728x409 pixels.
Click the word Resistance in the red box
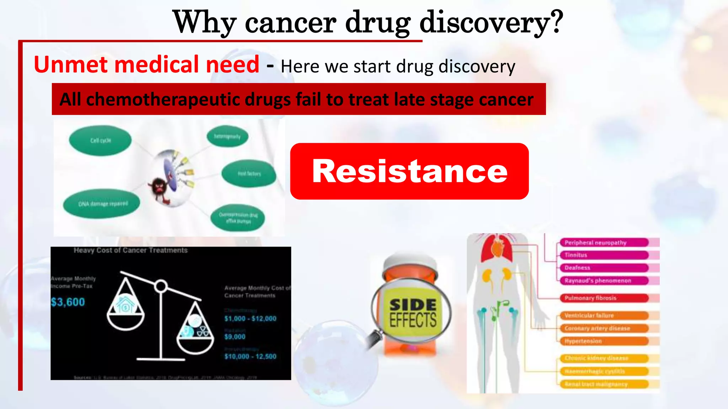point(409,171)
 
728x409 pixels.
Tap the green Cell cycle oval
point(100,141)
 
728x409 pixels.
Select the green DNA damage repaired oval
point(102,204)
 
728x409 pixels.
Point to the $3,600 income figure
point(68,302)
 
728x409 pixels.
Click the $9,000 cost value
point(235,337)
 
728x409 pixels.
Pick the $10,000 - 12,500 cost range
point(250,356)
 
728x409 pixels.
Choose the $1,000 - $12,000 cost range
point(250,318)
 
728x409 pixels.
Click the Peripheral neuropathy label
point(595,243)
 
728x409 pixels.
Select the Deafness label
point(577,268)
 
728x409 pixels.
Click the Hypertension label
point(583,341)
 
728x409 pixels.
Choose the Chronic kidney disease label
point(596,358)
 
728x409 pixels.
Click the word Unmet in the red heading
point(70,65)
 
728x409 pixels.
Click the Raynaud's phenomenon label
point(598,281)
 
